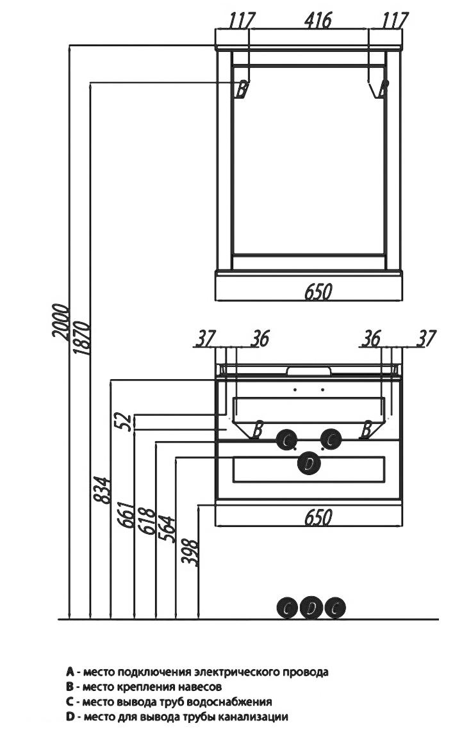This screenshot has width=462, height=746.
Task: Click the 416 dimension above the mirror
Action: tap(318, 20)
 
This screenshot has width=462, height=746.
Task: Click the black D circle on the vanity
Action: tap(309, 464)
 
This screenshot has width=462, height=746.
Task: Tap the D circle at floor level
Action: tap(311, 608)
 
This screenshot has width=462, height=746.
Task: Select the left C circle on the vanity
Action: tap(287, 440)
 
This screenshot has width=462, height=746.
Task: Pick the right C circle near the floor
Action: tap(335, 608)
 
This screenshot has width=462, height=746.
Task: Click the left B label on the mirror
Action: tap(242, 89)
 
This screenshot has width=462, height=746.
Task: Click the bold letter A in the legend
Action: tap(70, 672)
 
